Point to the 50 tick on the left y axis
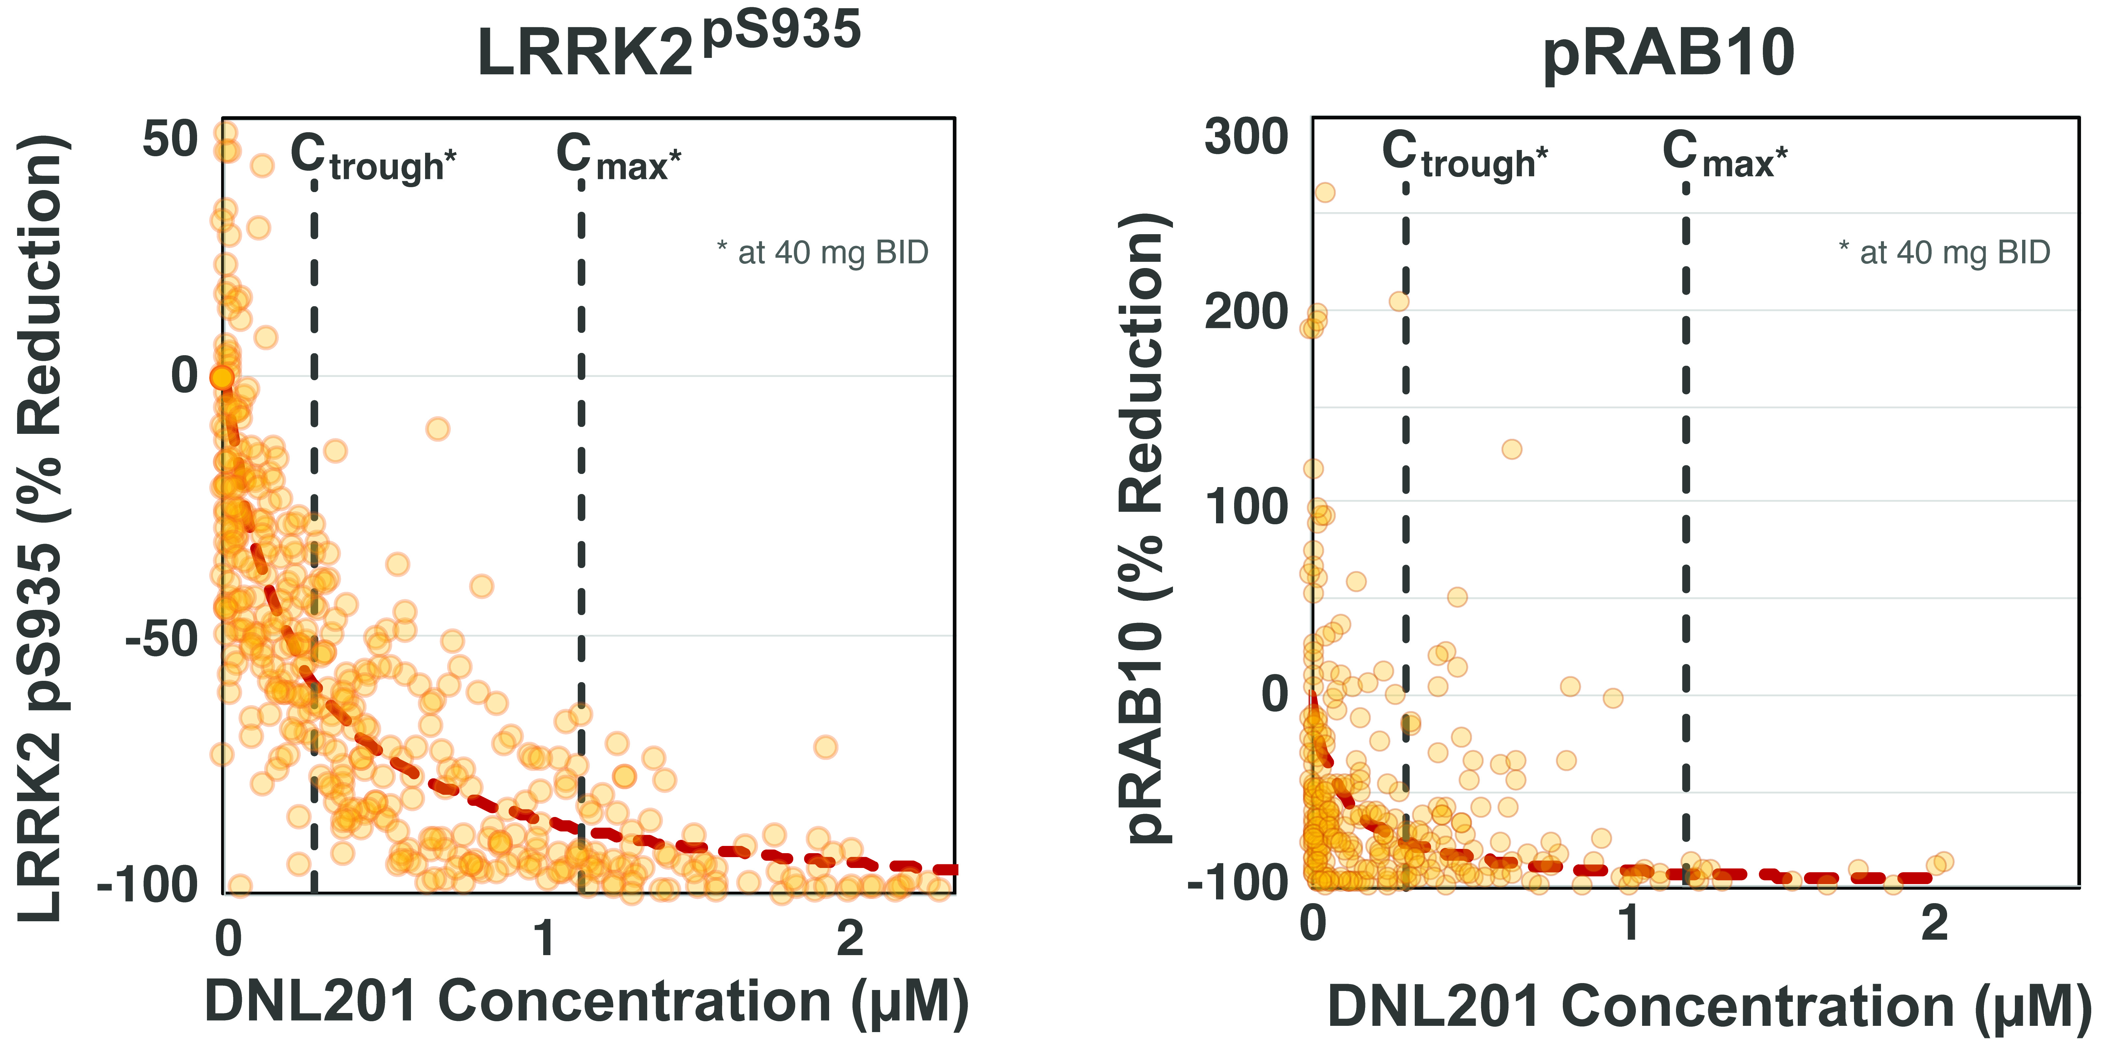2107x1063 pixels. click(x=170, y=139)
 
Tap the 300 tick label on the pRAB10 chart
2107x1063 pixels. click(x=1246, y=136)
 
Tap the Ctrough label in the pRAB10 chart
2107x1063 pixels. click(x=1464, y=155)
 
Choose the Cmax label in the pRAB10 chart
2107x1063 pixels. click(x=1724, y=155)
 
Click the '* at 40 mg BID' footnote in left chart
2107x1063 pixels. click(x=823, y=253)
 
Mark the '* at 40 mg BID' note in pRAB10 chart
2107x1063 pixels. click(x=1944, y=253)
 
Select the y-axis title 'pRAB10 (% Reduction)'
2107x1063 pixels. click(x=1145, y=528)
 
